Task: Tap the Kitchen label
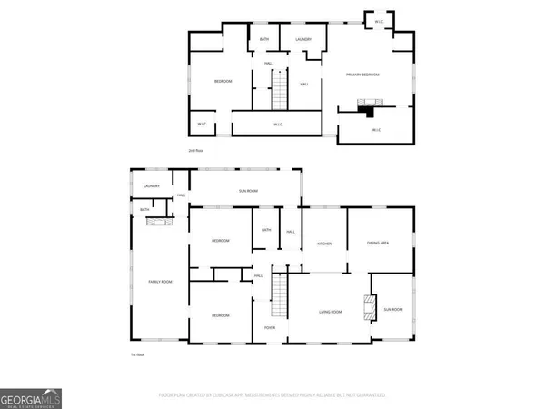pos(324,244)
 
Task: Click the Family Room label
pos(161,283)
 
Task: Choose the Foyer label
pos(270,327)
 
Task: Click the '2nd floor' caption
pos(195,150)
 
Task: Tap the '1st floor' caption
pos(138,354)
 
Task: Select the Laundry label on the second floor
pos(302,39)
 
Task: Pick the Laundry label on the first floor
pos(151,186)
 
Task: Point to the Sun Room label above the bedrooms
pos(248,191)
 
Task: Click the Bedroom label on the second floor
pos(223,81)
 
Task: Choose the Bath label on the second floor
pos(264,39)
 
